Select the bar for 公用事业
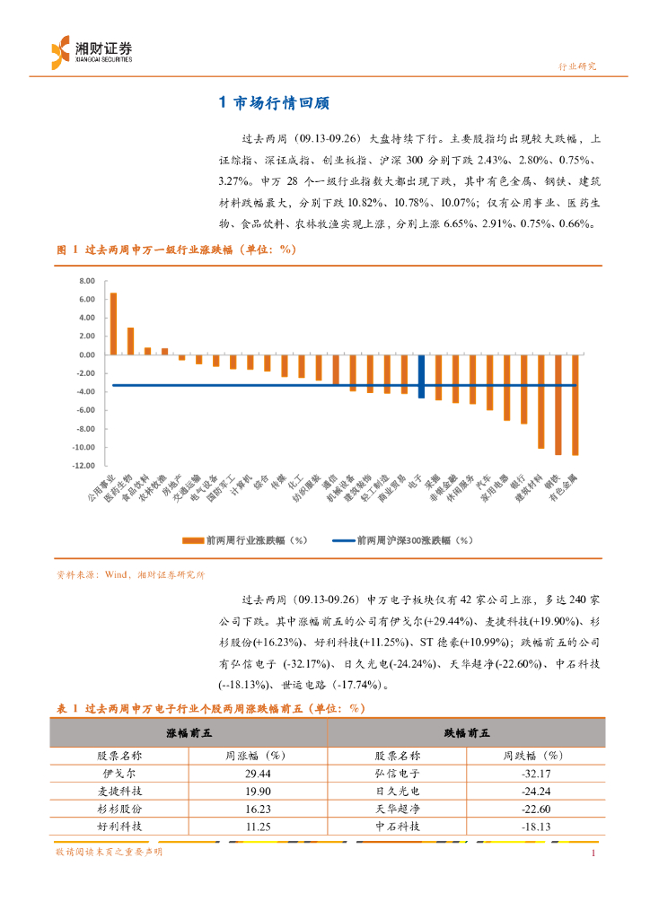pyautogui.click(x=113, y=323)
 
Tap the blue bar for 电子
pyautogui.click(x=421, y=376)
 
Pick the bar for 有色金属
pyautogui.click(x=575, y=404)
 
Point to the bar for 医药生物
pyautogui.click(x=130, y=341)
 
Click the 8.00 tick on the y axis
pyautogui.click(x=86, y=280)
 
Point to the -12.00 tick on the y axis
pyautogui.click(x=84, y=466)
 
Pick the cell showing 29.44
pyautogui.click(x=257, y=772)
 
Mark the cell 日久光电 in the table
pyautogui.click(x=397, y=790)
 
